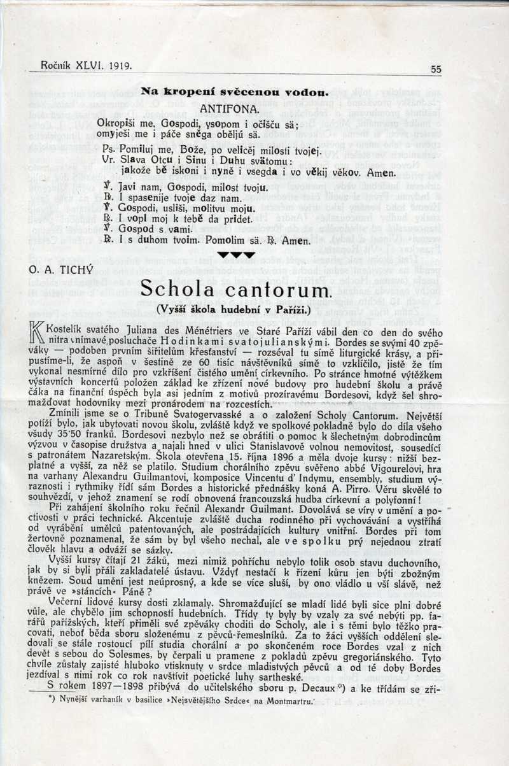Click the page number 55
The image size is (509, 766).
pyautogui.click(x=436, y=69)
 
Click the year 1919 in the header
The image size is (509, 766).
pyautogui.click(x=120, y=65)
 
